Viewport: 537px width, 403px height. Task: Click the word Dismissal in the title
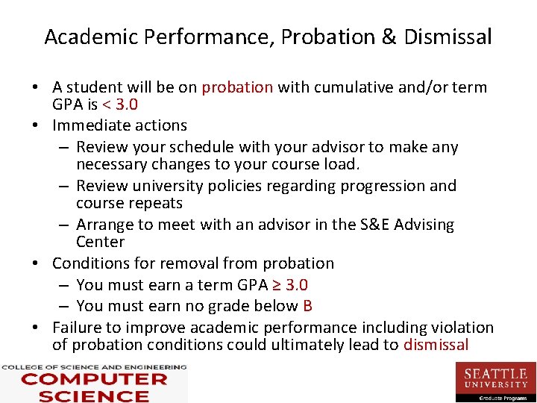pyautogui.click(x=447, y=37)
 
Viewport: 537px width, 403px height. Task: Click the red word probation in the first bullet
pyautogui.click(x=237, y=87)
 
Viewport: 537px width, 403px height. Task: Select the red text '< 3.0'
pyautogui.click(x=119, y=104)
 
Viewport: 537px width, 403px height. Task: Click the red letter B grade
pyautogui.click(x=307, y=306)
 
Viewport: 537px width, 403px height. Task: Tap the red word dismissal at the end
pyautogui.click(x=436, y=345)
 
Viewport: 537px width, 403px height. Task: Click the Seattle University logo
pyautogui.click(x=495, y=381)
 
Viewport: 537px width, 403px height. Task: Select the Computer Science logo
pyautogui.click(x=93, y=383)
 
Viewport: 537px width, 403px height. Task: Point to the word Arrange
pyautogui.click(x=105, y=225)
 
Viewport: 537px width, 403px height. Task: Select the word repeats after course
pyautogui.click(x=156, y=203)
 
